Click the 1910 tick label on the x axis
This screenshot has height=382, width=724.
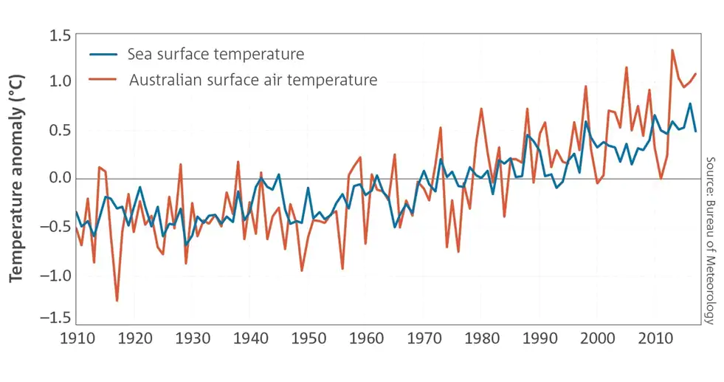pos(76,338)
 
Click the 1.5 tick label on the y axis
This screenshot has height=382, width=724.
pos(59,36)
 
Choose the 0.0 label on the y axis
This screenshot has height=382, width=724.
pos(59,178)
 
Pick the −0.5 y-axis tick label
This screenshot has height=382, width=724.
pos(54,225)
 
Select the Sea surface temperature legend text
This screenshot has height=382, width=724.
pos(216,55)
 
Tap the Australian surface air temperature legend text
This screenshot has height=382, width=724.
pos(253,80)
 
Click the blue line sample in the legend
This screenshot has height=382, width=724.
pos(103,55)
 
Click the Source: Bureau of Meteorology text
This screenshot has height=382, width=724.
pos(710,240)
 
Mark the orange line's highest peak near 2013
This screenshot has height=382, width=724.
pos(672,50)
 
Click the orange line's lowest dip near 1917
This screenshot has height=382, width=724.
pos(117,300)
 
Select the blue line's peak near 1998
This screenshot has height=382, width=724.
pos(586,122)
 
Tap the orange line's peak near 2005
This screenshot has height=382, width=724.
pos(627,67)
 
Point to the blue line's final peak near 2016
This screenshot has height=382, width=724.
pos(690,104)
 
